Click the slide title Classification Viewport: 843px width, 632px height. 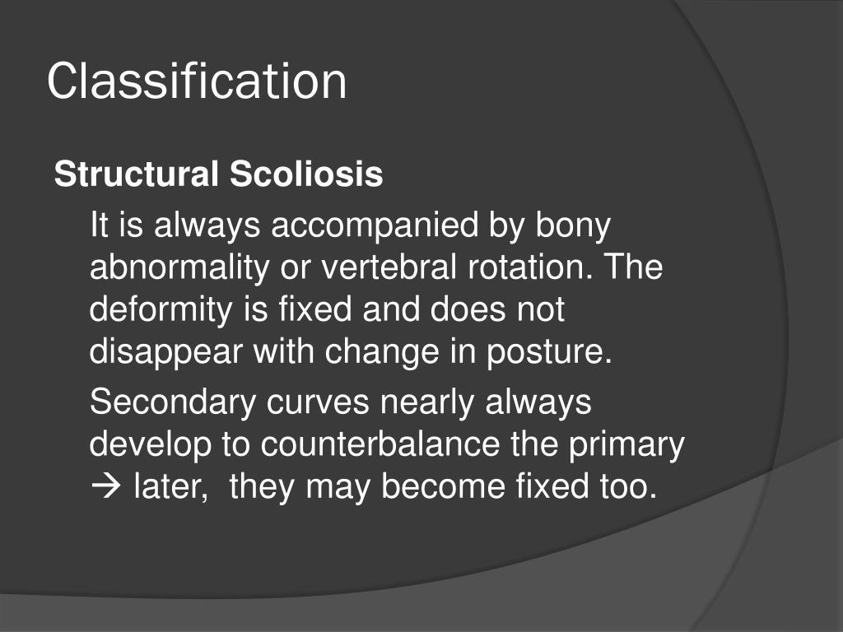197,81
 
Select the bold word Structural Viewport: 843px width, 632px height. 137,174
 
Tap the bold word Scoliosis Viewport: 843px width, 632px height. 306,174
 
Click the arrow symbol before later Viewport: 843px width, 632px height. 105,487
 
